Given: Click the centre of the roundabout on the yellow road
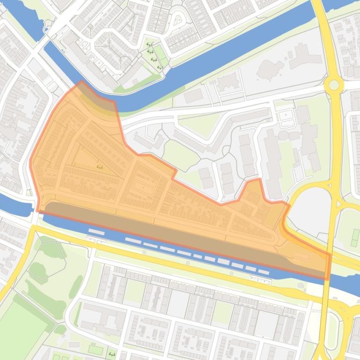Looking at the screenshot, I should (334, 85).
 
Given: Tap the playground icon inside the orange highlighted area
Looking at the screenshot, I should (99, 166).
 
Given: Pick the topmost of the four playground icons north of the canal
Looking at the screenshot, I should (150, 45).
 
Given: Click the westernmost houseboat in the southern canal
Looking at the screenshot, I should (96, 232).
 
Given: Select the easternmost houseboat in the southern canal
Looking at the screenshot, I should (263, 272).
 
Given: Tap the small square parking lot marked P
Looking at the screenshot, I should (284, 114).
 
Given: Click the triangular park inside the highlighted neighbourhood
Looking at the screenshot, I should (91, 161).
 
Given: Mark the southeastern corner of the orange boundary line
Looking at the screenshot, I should (329, 279).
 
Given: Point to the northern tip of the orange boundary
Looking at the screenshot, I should (82, 81).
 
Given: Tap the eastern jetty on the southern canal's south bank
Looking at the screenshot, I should (261, 281).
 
